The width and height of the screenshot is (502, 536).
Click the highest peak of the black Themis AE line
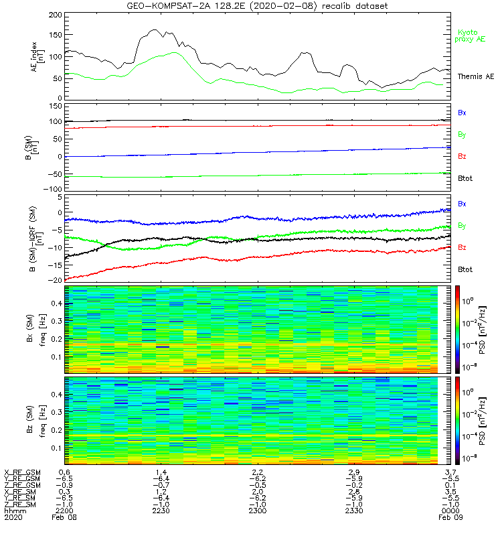[154, 29]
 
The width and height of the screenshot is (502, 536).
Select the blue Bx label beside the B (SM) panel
[462, 113]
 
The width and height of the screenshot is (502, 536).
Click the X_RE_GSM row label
[22, 473]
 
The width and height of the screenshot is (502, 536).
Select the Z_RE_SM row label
[21, 504]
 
